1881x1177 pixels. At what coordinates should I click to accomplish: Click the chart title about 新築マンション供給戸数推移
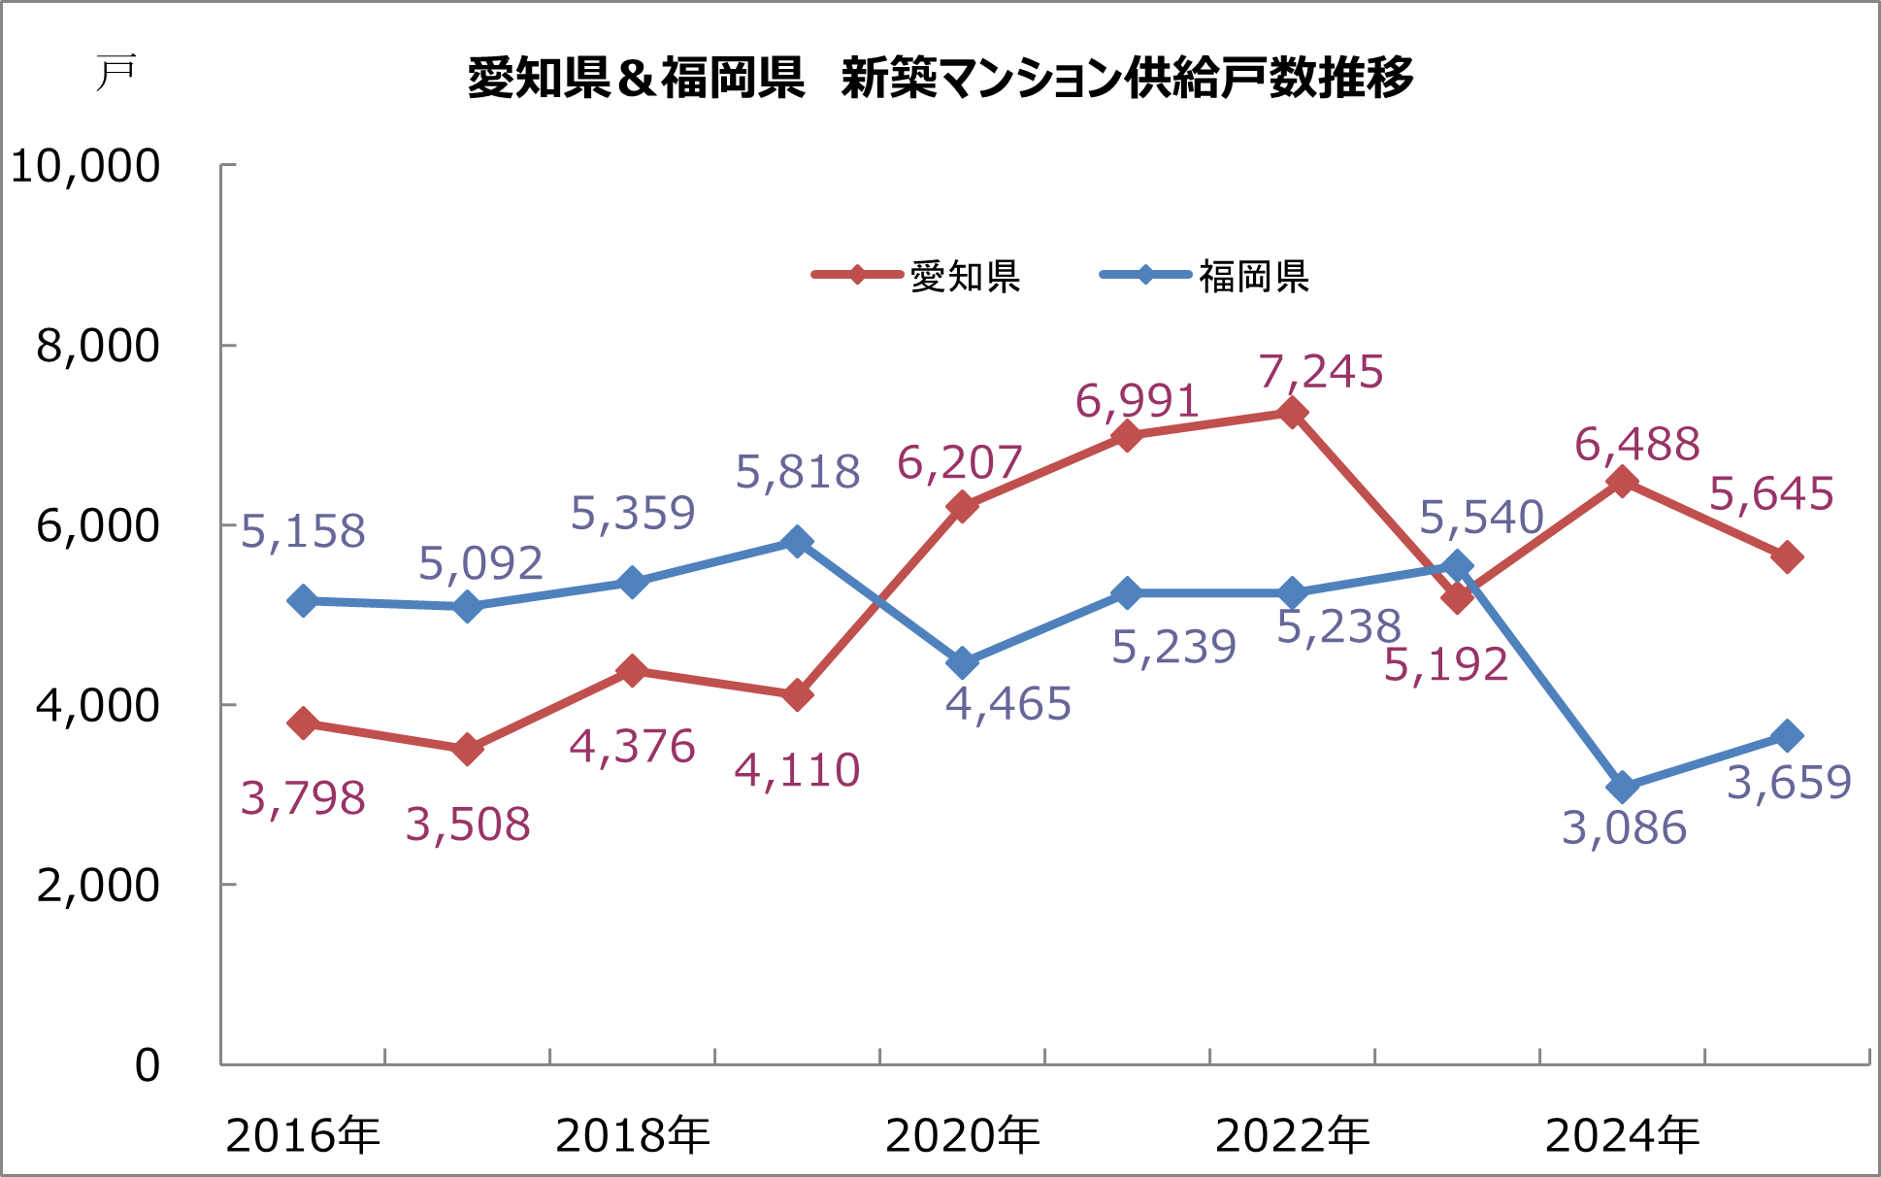click(x=940, y=78)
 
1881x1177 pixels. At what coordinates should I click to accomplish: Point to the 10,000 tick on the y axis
click(x=85, y=166)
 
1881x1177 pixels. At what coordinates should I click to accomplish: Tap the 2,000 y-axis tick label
click(x=97, y=885)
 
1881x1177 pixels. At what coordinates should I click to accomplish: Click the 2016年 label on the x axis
click(x=303, y=1135)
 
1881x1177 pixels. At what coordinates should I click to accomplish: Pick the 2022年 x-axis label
click(x=1292, y=1135)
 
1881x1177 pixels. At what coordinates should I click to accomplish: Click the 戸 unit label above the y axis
click(x=115, y=73)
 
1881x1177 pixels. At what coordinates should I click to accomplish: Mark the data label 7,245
click(x=1321, y=372)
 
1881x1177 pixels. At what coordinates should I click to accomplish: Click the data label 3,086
click(x=1624, y=828)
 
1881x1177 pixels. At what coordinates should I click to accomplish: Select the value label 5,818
click(x=798, y=473)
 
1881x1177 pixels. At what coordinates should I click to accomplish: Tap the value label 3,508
click(x=468, y=824)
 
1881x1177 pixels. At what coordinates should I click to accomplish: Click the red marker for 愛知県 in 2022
click(x=1292, y=414)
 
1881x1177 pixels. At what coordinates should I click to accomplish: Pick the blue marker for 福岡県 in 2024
click(x=1622, y=787)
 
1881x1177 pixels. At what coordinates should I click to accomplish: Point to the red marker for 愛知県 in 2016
click(x=303, y=723)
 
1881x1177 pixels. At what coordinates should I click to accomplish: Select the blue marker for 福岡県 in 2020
click(x=962, y=663)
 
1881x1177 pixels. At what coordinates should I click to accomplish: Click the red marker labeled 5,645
click(x=1787, y=557)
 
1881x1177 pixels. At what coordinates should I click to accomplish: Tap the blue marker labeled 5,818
click(x=797, y=541)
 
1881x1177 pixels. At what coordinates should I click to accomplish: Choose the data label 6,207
click(x=959, y=463)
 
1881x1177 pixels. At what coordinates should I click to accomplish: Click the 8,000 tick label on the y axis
click(x=97, y=346)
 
